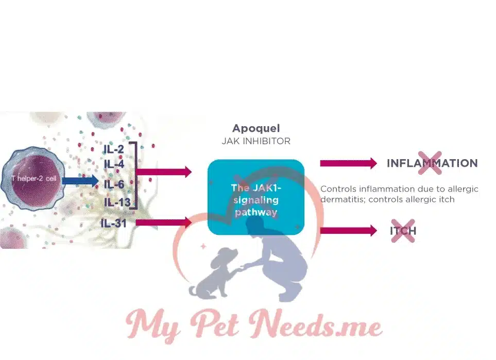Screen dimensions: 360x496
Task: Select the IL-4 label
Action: (x=114, y=164)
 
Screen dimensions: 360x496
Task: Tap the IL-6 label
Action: (x=114, y=184)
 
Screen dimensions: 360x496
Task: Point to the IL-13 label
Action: (x=116, y=202)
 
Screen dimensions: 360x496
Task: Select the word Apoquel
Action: (x=256, y=128)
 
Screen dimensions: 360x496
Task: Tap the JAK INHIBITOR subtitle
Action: (x=256, y=141)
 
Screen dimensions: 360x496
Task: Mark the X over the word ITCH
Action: (x=403, y=231)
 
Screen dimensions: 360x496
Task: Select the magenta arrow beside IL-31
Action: (x=164, y=222)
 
